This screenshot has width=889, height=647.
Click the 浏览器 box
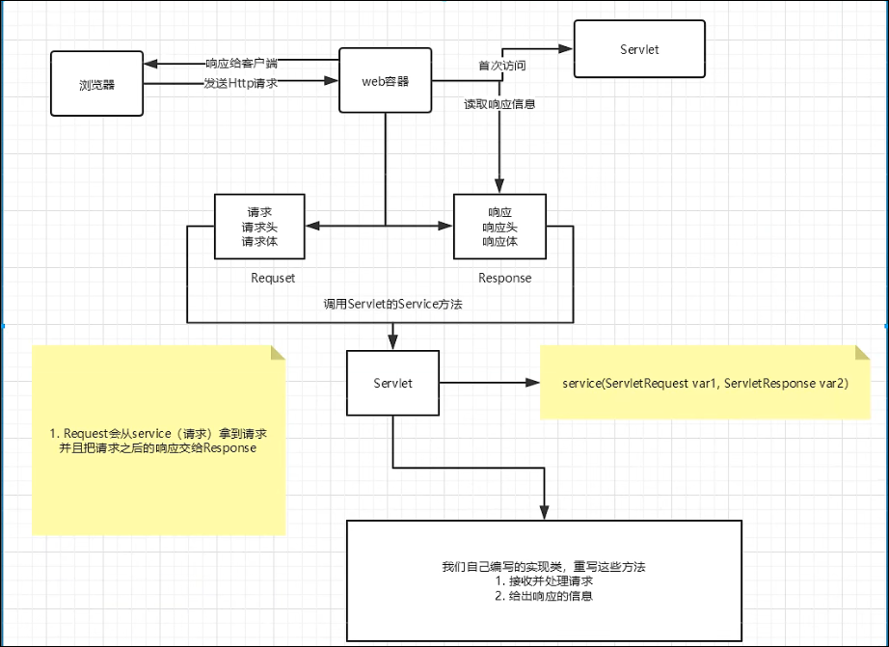[x=96, y=85]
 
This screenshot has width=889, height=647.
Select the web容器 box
[x=385, y=81]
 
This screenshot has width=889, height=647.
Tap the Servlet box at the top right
[x=638, y=49]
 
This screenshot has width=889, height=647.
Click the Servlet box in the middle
[x=392, y=383]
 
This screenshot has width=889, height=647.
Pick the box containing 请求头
[x=259, y=227]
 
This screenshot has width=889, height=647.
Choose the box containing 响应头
[x=499, y=227]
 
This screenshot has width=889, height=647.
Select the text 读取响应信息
[x=499, y=103]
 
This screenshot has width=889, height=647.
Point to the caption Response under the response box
[x=504, y=278]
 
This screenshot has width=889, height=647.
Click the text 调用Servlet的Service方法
[x=392, y=304]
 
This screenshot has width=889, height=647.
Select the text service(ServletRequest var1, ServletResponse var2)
[x=705, y=384]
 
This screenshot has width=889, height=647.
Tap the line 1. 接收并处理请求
[x=543, y=581]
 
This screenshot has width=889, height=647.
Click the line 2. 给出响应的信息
[x=543, y=596]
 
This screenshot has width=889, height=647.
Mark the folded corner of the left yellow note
[x=278, y=352]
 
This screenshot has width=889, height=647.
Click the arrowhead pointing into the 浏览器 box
[x=150, y=65]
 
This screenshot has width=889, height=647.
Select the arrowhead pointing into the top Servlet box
[x=566, y=46]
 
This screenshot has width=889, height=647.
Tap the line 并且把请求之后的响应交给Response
[x=159, y=449]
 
